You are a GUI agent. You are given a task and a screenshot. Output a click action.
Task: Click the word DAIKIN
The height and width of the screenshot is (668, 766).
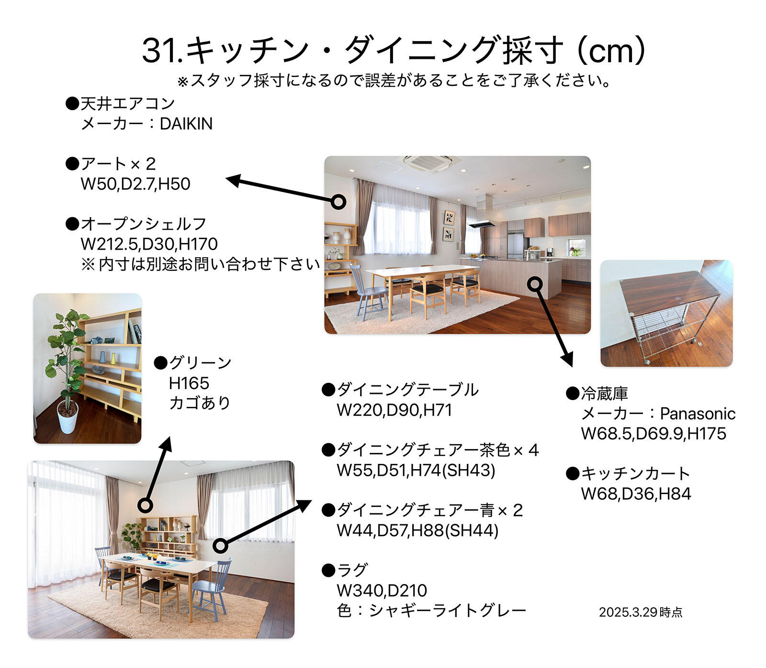click(186, 124)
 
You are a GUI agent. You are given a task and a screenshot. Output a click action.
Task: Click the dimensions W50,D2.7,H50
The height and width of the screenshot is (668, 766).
click(135, 184)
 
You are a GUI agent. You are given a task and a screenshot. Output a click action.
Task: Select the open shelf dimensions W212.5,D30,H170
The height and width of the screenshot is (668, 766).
click(149, 244)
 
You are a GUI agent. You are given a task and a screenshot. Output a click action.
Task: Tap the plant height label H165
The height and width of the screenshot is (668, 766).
click(189, 383)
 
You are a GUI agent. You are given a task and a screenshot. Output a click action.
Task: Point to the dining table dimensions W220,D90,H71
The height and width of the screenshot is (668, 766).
click(394, 410)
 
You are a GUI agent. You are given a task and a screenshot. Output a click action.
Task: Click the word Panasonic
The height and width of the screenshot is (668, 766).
click(698, 414)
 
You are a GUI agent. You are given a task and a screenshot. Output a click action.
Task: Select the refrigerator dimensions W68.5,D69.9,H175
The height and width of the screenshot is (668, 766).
click(653, 434)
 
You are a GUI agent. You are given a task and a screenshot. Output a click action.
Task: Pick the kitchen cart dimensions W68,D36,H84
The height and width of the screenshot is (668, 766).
click(636, 494)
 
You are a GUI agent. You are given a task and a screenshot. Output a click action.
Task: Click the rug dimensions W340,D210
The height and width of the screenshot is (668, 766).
click(382, 590)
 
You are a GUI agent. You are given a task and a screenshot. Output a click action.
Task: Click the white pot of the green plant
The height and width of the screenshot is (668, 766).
click(68, 417)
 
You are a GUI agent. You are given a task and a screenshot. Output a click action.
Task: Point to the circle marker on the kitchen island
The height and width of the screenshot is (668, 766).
click(535, 284)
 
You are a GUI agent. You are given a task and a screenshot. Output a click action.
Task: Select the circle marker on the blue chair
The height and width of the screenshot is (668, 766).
click(220, 545)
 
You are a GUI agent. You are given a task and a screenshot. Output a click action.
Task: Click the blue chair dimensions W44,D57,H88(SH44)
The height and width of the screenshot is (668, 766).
click(417, 530)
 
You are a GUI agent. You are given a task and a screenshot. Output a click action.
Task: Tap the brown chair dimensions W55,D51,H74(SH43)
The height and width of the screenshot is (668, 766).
click(416, 470)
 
